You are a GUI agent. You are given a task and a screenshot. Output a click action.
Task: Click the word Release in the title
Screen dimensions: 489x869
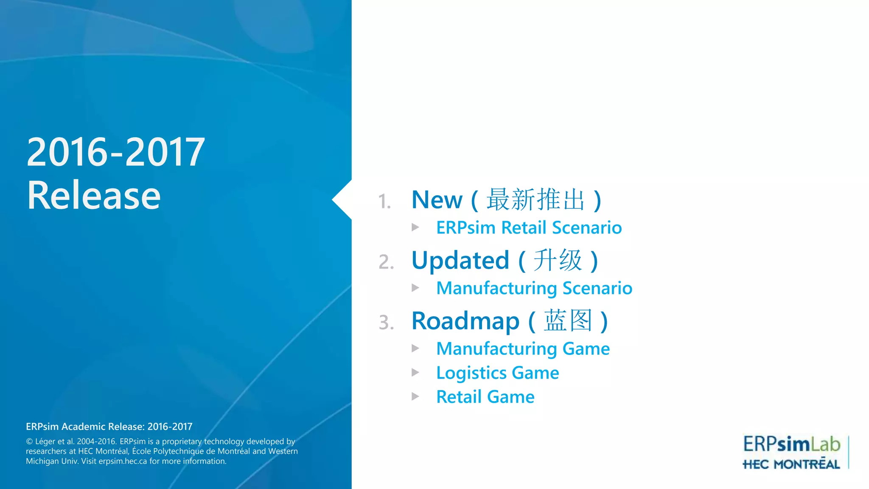click(x=94, y=196)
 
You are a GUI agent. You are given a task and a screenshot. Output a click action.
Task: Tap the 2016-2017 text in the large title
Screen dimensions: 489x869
click(x=115, y=152)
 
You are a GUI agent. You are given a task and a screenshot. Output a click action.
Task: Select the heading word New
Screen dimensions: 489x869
click(x=437, y=200)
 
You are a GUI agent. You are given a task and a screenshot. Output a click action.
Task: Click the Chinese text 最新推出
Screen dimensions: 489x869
click(x=535, y=200)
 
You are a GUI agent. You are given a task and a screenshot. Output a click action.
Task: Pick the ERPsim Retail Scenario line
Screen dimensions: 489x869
click(x=529, y=228)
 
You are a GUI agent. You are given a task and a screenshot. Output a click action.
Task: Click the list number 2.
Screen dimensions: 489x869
click(x=386, y=262)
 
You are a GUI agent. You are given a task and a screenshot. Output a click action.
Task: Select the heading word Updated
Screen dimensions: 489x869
click(x=460, y=261)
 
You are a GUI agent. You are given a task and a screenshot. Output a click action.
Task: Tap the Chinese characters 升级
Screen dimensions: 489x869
click(x=558, y=261)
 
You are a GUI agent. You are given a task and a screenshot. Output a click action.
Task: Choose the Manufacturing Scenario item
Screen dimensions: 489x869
click(x=534, y=289)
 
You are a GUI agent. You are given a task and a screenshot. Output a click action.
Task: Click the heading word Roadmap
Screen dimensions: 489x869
click(x=465, y=321)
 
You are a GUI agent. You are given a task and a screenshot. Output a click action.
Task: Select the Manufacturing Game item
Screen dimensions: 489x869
click(x=523, y=349)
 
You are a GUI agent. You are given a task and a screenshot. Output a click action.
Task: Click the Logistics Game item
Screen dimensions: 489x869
click(x=497, y=373)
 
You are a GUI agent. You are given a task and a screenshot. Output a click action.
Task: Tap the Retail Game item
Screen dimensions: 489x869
click(x=485, y=397)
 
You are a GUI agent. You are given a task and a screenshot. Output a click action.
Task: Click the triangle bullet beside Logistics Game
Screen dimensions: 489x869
click(x=415, y=373)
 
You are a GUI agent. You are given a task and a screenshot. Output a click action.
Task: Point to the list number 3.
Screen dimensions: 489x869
click(x=386, y=323)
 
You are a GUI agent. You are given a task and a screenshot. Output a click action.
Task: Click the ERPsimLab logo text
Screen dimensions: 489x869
click(x=791, y=444)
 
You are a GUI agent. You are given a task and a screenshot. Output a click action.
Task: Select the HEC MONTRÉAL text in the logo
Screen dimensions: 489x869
click(x=791, y=464)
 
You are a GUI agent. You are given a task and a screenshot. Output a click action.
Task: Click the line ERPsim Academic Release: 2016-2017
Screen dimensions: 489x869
click(x=109, y=427)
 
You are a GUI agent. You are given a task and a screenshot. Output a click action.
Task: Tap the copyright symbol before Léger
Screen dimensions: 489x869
click(x=29, y=442)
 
